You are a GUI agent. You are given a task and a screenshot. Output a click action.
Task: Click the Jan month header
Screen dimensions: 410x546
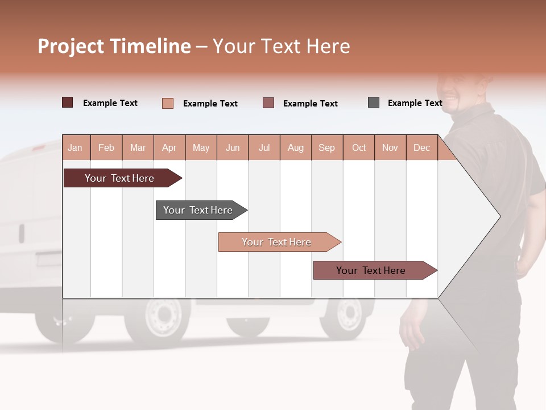point(75,147)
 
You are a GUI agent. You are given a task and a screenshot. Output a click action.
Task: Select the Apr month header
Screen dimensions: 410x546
point(169,147)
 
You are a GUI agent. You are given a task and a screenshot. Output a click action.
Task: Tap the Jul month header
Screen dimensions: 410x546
point(264,147)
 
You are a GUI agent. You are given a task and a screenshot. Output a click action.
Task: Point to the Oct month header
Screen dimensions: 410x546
point(359,147)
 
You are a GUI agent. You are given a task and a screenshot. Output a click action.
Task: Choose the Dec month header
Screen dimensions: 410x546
point(421,147)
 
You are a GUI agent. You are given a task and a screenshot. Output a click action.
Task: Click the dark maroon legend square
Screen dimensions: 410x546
point(67,102)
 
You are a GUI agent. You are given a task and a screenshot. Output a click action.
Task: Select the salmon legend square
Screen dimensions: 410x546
point(167,103)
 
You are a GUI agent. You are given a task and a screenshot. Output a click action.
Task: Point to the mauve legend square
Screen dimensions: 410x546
point(268,102)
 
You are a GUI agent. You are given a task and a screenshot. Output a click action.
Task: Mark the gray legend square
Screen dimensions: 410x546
point(374,102)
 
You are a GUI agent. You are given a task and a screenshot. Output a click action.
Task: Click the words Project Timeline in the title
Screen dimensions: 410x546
point(114,46)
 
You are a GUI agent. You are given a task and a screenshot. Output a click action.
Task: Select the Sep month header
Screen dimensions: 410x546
point(326,147)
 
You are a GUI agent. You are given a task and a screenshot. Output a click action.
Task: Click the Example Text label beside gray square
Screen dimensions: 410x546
point(415,103)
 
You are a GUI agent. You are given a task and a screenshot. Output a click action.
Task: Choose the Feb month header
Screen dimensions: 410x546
point(106,147)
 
